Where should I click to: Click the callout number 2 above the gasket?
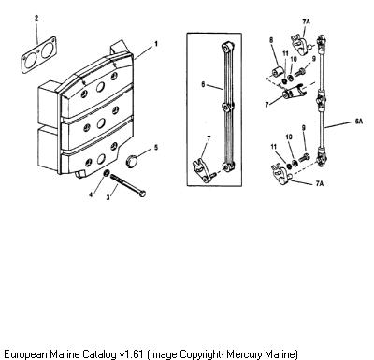click(x=36, y=18)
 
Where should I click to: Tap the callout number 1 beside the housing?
click(x=156, y=44)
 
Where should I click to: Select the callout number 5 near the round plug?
click(x=156, y=147)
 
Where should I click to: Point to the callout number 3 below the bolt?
click(x=108, y=197)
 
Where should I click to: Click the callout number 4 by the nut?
click(x=91, y=194)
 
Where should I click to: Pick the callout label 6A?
click(x=359, y=122)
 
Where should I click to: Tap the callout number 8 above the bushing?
click(x=271, y=40)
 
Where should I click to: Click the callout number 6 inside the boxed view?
click(x=203, y=84)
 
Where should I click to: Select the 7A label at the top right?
click(x=306, y=22)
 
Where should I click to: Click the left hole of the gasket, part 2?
click(x=30, y=61)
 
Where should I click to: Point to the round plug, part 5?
click(x=132, y=162)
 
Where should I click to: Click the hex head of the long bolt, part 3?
click(x=142, y=194)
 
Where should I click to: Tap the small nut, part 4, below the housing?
click(x=106, y=173)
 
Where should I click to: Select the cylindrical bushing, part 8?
click(x=278, y=72)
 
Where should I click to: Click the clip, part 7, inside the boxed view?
click(x=201, y=170)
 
